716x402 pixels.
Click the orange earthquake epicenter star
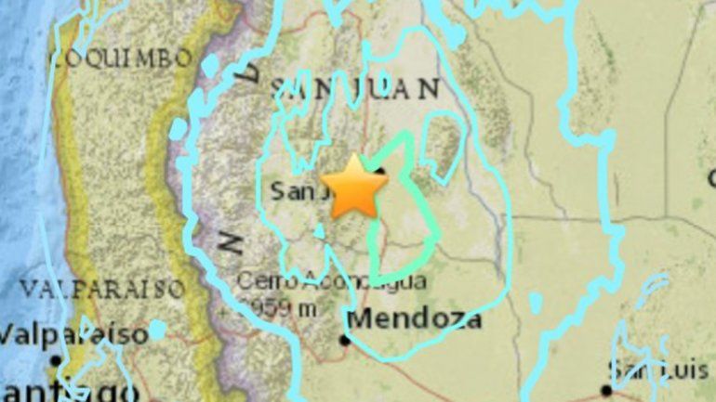point(354,187)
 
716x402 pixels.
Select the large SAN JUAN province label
point(354,89)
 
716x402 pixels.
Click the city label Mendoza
point(415,320)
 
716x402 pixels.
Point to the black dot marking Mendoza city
point(345,340)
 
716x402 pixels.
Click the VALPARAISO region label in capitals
point(103,289)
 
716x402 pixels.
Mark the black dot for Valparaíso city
point(57,359)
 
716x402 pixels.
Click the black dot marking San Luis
point(606,390)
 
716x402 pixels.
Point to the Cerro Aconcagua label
point(331,280)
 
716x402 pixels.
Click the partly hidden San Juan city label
point(296,192)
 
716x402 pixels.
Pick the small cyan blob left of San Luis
point(536,302)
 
